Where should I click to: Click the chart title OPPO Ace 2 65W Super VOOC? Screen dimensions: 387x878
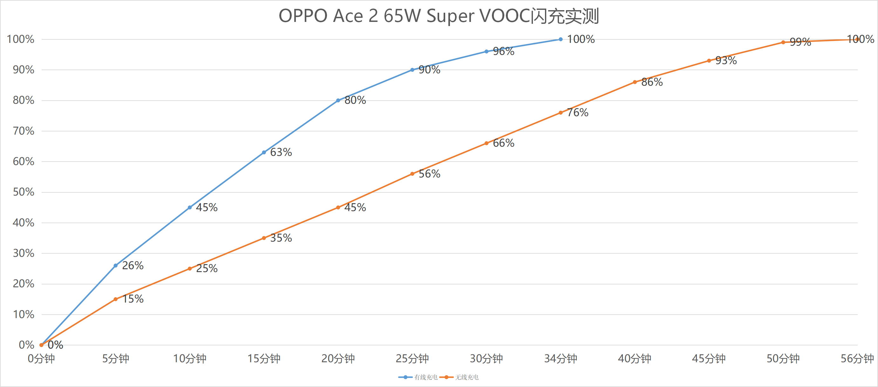pos(439,16)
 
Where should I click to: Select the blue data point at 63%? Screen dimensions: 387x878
pos(264,152)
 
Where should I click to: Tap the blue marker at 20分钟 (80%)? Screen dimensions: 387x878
pos(338,101)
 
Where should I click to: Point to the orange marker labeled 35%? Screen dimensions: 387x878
pos(264,238)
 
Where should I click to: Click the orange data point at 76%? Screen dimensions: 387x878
pos(561,113)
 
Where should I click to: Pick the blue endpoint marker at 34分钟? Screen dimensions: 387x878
pos(561,39)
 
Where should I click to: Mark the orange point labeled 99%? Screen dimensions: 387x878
pos(783,43)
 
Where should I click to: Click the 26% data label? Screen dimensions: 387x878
pos(133,265)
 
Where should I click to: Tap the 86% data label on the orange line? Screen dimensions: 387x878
pos(652,82)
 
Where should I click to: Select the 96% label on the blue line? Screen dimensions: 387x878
pos(504,51)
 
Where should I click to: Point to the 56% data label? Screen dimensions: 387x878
pos(429,174)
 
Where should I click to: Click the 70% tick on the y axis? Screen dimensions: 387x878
pos(24,131)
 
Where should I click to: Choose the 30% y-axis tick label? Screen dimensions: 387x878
pos(24,253)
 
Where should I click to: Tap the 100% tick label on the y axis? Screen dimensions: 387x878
pos(20,39)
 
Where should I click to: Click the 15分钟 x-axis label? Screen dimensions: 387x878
pos(264,358)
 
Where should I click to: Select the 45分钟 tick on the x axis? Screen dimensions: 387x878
pos(709,358)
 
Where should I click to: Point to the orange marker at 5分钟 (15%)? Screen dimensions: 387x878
pos(116,299)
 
